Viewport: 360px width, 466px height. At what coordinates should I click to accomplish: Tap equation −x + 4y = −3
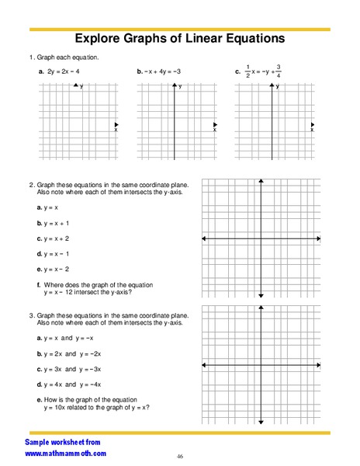(161, 71)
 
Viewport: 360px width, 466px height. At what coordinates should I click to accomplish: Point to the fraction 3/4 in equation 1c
(278, 71)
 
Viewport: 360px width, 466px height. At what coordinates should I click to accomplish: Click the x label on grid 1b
(214, 130)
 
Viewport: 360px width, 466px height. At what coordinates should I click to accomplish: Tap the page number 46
(179, 456)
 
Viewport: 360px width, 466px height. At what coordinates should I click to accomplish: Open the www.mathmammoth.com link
(65, 453)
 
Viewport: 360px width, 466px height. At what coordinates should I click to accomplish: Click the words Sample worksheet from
(62, 440)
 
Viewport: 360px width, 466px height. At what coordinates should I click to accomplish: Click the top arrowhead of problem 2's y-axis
(261, 182)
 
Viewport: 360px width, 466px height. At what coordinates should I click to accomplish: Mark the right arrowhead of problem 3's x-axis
(318, 364)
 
